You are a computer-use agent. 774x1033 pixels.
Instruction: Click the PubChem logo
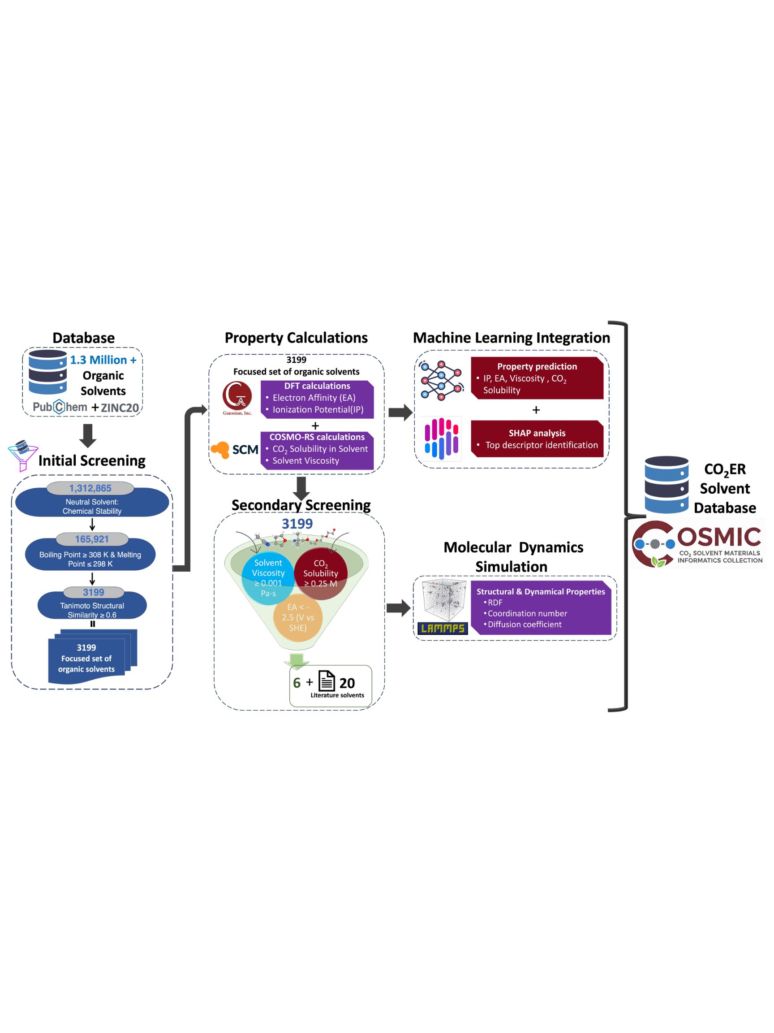pos(60,407)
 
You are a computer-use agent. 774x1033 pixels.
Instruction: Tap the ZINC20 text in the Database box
pos(120,408)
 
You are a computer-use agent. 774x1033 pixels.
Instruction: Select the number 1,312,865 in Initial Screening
pos(90,488)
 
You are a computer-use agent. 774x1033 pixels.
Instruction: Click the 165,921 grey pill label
pos(92,539)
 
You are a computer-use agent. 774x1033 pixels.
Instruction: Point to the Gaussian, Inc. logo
pos(237,398)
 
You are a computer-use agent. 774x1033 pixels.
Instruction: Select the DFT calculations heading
pos(317,386)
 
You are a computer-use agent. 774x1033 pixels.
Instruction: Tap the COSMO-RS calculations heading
pos(317,437)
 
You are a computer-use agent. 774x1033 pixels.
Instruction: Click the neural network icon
pos(440,380)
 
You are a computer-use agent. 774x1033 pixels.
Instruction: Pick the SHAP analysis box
pos(537,438)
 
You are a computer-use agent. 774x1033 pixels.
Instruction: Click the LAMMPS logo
pos(442,628)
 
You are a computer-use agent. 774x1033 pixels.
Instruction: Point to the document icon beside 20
pos(327,681)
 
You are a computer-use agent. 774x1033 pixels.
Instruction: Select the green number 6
pos(297,683)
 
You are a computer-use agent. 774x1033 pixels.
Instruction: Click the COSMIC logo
pos(697,543)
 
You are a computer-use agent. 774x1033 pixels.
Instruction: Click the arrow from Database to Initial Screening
pos(88,435)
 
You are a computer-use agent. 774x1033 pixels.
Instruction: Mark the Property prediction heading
pos(537,367)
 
